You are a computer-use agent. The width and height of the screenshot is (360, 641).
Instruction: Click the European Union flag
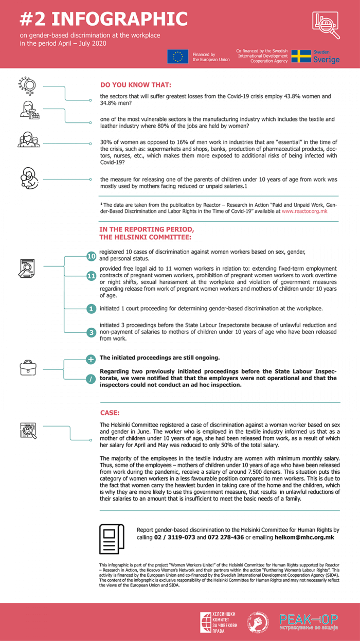tap(178, 57)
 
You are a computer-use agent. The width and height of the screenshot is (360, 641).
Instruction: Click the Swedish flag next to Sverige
tap(301, 56)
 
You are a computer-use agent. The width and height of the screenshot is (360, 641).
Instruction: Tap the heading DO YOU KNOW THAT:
tap(136, 85)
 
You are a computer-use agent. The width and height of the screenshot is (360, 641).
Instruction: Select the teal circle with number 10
tap(91, 256)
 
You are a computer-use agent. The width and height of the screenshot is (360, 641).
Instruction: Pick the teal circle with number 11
tap(91, 277)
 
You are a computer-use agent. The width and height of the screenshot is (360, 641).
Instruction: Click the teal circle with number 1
tap(91, 309)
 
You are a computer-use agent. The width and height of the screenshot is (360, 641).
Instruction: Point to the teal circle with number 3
tap(91, 332)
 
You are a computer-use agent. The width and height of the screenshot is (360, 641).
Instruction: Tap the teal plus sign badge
tap(91, 359)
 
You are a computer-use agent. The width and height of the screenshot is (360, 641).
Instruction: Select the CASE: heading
tap(110, 413)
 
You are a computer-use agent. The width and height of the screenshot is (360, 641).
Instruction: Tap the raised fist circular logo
tap(258, 622)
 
